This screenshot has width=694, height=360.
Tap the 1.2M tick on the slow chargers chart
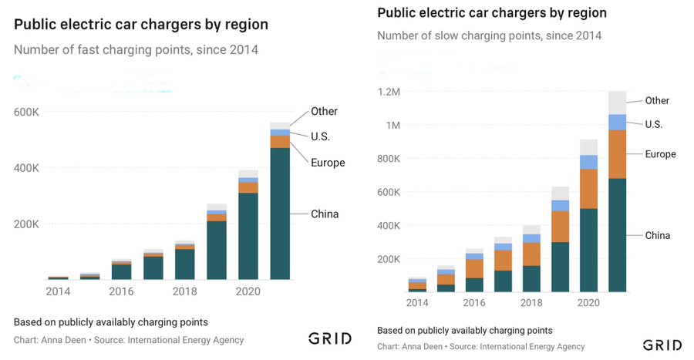389,92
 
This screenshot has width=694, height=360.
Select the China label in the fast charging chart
325,214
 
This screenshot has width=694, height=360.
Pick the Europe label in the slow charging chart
660,154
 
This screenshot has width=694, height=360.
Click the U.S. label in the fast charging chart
321,136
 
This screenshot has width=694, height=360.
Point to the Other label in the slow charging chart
657,100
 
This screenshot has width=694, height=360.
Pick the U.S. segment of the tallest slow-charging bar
617,122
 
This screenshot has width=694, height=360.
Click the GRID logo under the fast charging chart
330,338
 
